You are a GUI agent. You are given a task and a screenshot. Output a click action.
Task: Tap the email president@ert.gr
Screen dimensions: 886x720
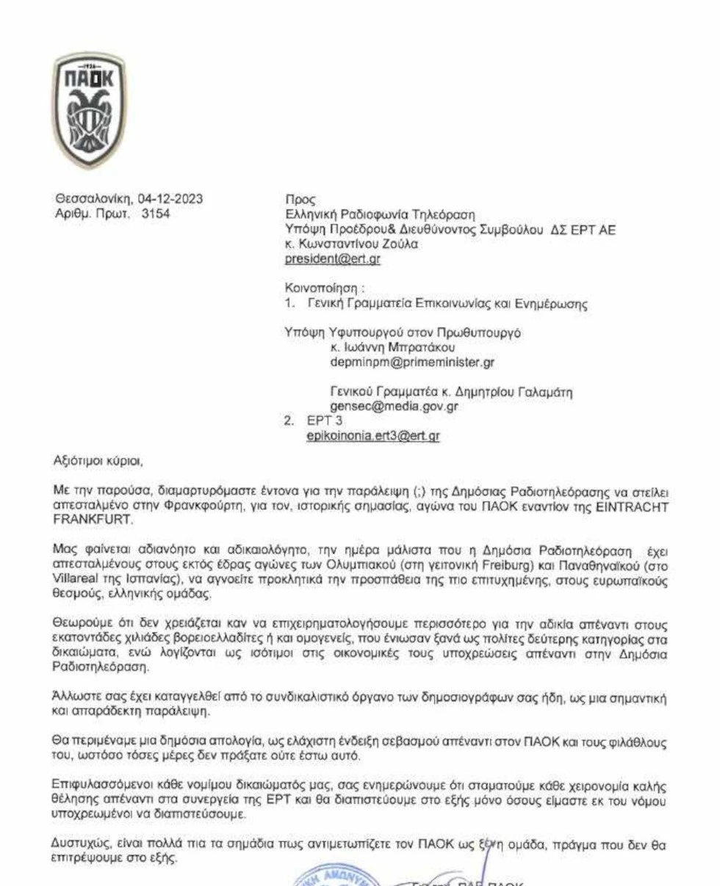[332, 258]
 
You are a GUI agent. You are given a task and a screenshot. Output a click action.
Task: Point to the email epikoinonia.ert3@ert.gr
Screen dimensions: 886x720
[373, 435]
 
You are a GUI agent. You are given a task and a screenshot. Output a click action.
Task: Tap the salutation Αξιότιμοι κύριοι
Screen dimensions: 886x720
[100, 461]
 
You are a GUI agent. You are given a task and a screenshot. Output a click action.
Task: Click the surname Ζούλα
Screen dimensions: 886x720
[400, 244]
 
